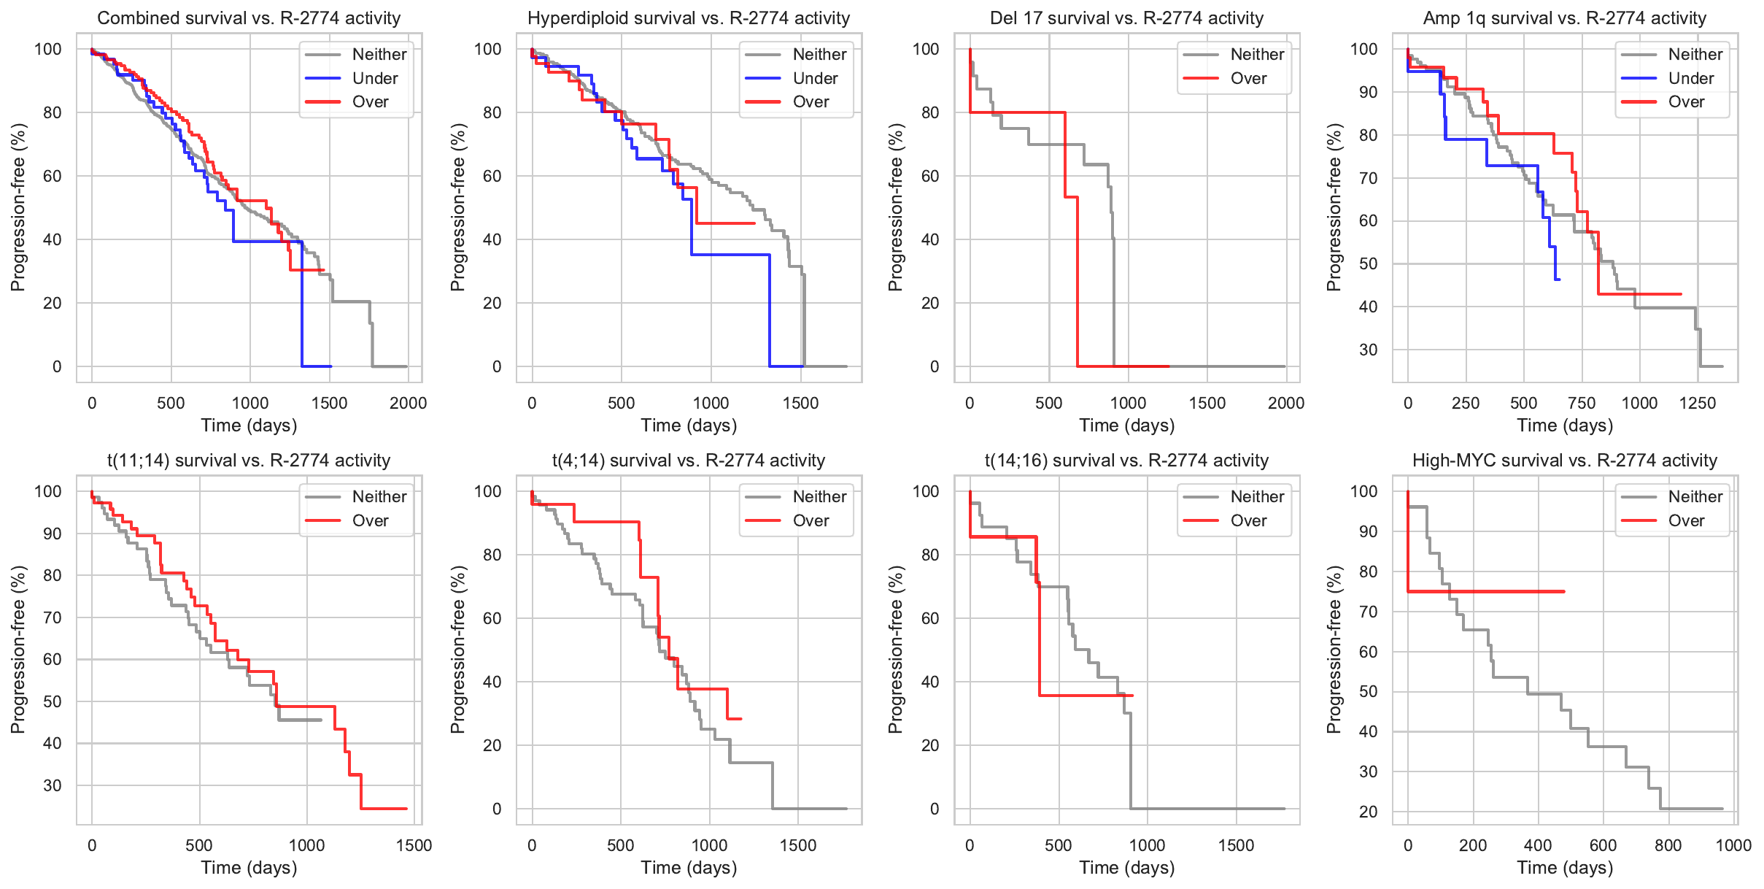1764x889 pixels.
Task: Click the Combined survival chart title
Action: coord(249,18)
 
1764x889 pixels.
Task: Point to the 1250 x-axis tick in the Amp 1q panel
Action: coord(1698,403)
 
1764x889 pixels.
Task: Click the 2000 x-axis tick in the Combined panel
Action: coord(408,403)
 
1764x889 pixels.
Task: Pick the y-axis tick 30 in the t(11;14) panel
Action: coord(53,785)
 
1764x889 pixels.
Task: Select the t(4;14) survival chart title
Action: coord(689,461)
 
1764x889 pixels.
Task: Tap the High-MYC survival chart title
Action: coord(1565,461)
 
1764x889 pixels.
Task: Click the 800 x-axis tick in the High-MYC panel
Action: coord(1668,845)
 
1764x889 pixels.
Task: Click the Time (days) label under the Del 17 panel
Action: coord(1127,426)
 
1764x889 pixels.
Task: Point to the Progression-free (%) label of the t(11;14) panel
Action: coord(18,650)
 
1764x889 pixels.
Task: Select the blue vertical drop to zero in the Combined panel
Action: coord(302,307)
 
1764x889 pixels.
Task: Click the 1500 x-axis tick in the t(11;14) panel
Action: coord(414,845)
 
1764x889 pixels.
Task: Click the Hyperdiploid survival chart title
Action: coord(689,18)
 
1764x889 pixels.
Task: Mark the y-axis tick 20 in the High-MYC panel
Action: coord(1369,812)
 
